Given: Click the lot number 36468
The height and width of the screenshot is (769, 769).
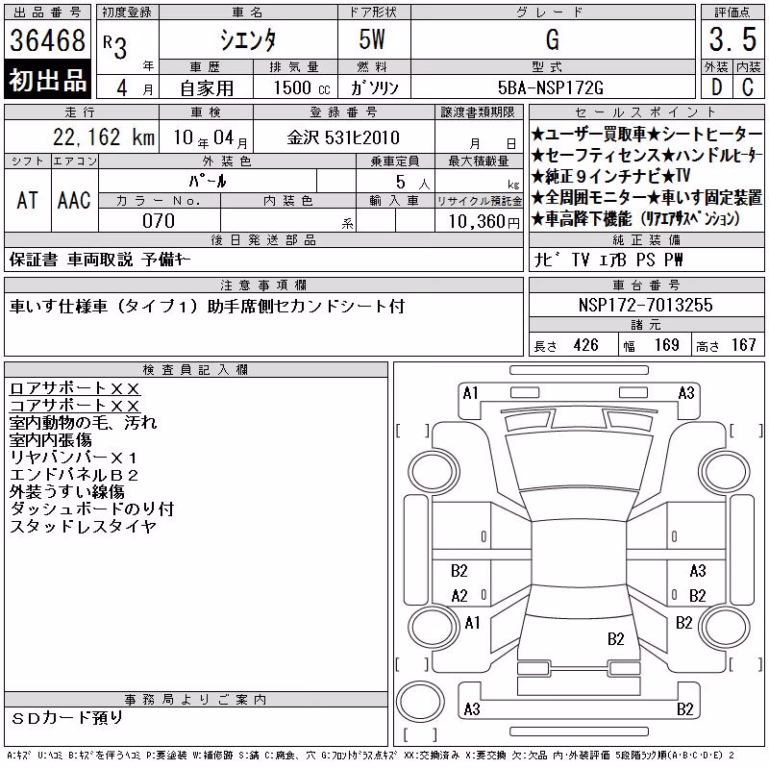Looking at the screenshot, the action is point(47,40).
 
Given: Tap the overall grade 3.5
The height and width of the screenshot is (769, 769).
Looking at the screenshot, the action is point(732,39).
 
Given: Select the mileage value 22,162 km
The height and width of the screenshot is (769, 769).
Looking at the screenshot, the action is point(104,137).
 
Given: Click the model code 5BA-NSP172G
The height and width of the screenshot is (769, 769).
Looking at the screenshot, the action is point(550,87).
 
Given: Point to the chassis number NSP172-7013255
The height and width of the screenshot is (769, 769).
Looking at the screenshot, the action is point(645,305).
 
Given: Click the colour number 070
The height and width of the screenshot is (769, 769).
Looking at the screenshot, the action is point(159,221).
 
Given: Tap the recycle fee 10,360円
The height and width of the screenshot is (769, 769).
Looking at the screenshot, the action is point(484,222).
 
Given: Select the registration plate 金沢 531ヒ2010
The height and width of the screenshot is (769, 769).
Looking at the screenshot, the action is point(343,137).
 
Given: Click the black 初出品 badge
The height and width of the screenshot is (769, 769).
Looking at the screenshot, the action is point(47,80).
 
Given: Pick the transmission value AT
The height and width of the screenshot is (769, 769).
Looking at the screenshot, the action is point(27,200).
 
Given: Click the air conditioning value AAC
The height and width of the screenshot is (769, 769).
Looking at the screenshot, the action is point(74,200).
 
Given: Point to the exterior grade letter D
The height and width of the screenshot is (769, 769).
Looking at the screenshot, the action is point(716,87).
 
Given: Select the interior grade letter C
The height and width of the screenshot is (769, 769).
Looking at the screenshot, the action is point(748,87).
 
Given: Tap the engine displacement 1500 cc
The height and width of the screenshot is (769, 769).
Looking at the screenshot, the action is point(302,87).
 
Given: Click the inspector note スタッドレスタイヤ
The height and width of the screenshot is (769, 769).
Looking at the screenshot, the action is point(83,526).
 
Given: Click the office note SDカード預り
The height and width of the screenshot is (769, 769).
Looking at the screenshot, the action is point(66,718).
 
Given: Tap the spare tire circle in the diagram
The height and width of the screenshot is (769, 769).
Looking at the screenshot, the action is point(420,702).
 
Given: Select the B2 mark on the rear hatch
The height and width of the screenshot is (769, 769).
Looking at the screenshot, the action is point(615,639).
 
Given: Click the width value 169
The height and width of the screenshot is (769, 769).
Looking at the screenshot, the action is point(666,345).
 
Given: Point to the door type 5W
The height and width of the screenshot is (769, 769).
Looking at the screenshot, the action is point(372,39).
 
